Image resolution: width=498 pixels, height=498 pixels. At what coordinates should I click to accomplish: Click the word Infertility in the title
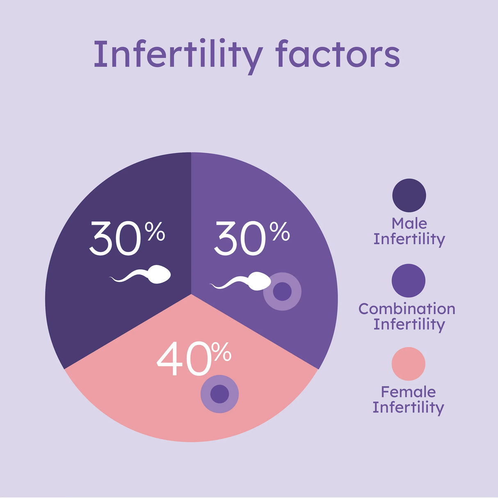[178, 55]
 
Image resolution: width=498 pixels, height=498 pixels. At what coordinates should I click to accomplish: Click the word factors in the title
[337, 55]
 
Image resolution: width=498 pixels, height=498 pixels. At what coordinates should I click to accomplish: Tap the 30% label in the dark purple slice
[127, 238]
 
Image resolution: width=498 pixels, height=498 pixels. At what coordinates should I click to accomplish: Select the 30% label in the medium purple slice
[251, 238]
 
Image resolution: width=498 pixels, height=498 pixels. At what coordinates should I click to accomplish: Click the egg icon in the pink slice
[219, 394]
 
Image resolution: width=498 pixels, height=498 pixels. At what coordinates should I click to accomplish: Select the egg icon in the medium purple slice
[282, 291]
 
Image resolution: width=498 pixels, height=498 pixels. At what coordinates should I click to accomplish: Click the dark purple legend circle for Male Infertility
[409, 196]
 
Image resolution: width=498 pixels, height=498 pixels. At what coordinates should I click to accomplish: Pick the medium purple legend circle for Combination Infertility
[409, 281]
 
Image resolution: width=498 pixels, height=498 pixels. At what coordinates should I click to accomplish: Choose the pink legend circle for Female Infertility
[409, 364]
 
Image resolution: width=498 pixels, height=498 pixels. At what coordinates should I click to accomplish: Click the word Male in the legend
[409, 224]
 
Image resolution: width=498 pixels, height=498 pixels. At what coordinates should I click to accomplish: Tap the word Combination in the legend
[407, 309]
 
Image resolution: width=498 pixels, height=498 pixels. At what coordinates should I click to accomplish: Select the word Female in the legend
[408, 392]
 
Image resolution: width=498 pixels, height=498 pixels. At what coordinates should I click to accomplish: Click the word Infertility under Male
[409, 239]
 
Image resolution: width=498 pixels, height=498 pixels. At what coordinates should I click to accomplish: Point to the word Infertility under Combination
[409, 324]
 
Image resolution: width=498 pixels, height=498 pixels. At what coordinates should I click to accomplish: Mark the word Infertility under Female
[408, 408]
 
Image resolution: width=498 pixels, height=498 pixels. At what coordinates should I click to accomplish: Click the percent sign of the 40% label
[222, 352]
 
